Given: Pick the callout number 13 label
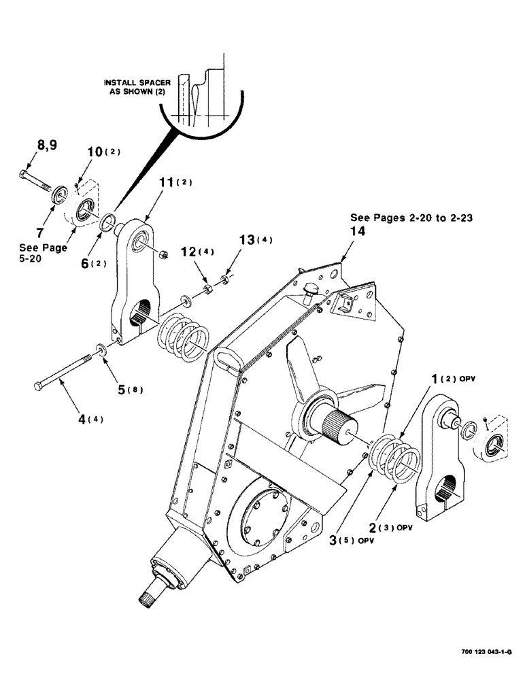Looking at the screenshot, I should pyautogui.click(x=248, y=240).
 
